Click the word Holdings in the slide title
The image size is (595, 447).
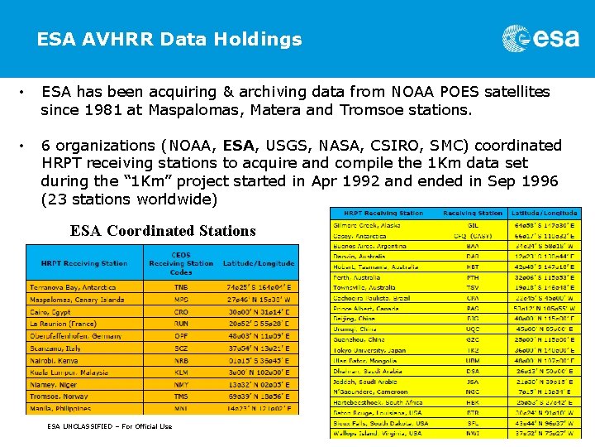tap(261, 39)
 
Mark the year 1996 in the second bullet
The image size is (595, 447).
tap(540, 180)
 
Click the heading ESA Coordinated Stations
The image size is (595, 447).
tap(163, 231)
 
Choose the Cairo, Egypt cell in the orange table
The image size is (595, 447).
tap(50, 313)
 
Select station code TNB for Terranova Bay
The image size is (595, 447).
tap(180, 286)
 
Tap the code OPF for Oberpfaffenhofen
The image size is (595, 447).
tap(180, 336)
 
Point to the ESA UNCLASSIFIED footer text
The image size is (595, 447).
tap(109, 426)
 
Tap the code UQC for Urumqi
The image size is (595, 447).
tap(473, 329)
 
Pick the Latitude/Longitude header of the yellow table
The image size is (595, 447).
tap(544, 214)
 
